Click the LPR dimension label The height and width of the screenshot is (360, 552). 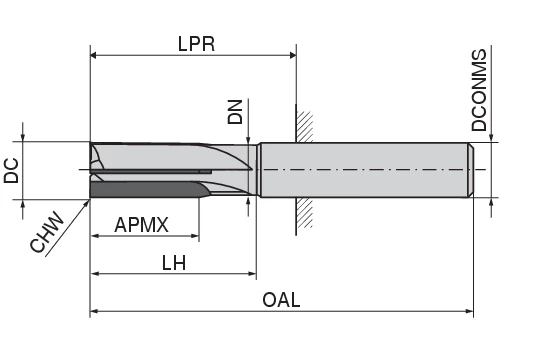tap(194, 43)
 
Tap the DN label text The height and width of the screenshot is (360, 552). tap(236, 111)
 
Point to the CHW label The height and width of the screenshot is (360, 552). tap(47, 231)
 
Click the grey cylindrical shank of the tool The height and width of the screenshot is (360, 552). tap(360, 170)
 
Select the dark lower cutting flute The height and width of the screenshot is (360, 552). tap(140, 190)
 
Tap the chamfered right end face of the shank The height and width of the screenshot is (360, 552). tap(469, 170)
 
